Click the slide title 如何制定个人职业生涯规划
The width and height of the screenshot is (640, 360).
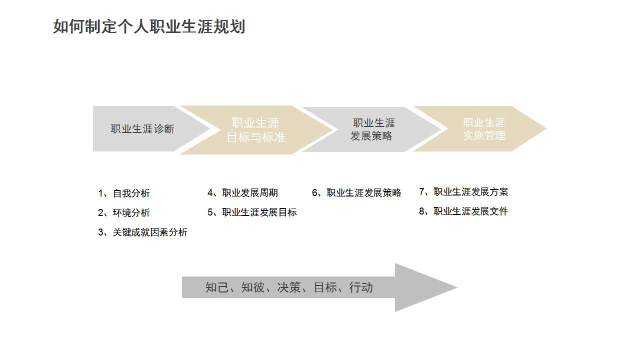(x=149, y=26)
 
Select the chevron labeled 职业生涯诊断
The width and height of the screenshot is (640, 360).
(x=142, y=129)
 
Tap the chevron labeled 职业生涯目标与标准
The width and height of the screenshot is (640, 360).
(x=256, y=130)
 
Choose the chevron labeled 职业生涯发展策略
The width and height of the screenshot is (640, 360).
(x=372, y=129)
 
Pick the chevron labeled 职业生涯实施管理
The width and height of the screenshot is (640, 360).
(x=483, y=129)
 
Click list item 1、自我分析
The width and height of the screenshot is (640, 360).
(x=124, y=193)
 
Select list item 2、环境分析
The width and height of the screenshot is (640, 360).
(x=124, y=213)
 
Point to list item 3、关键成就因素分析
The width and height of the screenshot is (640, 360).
(x=142, y=232)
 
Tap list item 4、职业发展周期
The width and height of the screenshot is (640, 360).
(x=242, y=193)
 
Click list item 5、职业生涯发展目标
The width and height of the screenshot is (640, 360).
(x=252, y=212)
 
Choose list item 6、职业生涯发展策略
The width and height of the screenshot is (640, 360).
(x=356, y=193)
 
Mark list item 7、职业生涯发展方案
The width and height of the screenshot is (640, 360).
(x=463, y=192)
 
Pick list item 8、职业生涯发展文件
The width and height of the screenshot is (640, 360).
(x=463, y=211)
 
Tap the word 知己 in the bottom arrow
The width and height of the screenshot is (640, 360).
(x=217, y=287)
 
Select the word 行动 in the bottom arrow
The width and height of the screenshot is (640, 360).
(x=361, y=287)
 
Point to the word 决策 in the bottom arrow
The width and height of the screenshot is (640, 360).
(x=289, y=287)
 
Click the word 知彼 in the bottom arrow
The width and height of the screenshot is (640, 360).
(x=253, y=287)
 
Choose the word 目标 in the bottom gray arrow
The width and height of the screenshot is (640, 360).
(x=325, y=287)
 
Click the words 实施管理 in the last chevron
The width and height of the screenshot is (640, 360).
(x=484, y=135)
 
